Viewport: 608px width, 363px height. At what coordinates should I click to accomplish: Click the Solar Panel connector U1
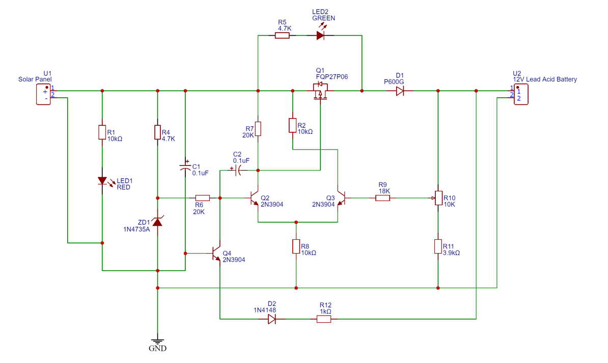(x=43, y=95)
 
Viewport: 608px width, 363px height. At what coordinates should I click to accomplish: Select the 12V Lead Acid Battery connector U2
(x=521, y=95)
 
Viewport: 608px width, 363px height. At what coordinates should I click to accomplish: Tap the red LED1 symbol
(x=102, y=181)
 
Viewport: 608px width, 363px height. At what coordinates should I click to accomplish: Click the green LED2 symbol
(x=320, y=35)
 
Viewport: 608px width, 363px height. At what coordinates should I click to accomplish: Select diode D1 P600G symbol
(x=400, y=91)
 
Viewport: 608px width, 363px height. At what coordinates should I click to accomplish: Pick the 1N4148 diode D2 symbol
(x=272, y=319)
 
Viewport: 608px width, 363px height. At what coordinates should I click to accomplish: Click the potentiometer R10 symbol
(x=438, y=198)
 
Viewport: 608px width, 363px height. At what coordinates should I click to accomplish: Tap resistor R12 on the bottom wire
(x=324, y=319)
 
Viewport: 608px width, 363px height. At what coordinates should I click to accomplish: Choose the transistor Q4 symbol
(x=216, y=254)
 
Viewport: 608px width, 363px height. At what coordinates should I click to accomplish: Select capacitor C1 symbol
(x=185, y=166)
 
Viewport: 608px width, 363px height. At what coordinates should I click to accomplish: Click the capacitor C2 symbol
(x=238, y=170)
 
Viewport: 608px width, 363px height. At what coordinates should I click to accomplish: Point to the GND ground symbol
(x=158, y=343)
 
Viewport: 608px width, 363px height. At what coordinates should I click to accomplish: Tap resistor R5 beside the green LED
(x=282, y=35)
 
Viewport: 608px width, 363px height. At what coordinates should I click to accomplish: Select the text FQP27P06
(x=332, y=77)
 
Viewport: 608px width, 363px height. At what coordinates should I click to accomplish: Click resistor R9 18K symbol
(x=383, y=198)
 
